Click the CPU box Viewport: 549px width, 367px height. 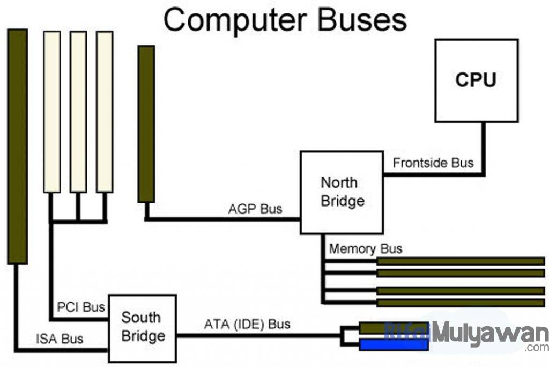pyautogui.click(x=476, y=80)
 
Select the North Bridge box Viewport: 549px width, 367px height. pyautogui.click(x=342, y=192)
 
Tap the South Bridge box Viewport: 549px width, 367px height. pyautogui.click(x=143, y=327)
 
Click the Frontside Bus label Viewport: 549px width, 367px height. pyautogui.click(x=433, y=163)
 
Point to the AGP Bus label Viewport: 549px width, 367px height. pyautogui.click(x=255, y=209)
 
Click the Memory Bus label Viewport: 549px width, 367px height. pyautogui.click(x=366, y=249)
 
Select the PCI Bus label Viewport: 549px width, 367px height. pyautogui.click(x=81, y=308)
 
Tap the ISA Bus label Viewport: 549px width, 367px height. pyautogui.click(x=60, y=339)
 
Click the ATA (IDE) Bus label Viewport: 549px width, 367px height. pyautogui.click(x=247, y=325)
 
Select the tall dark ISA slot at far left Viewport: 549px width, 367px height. pyautogui.click(x=17, y=146)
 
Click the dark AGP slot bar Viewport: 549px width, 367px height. pyautogui.click(x=146, y=123)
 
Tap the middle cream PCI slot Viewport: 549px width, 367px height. pyautogui.click(x=78, y=112)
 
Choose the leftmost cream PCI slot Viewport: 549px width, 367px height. pyautogui.click(x=52, y=112)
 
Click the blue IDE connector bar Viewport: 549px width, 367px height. pyautogui.click(x=394, y=344)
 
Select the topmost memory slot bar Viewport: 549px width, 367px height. pyautogui.click(x=461, y=261)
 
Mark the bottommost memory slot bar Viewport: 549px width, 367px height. pyautogui.click(x=461, y=303)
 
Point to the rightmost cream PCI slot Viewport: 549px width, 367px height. pyautogui.click(x=105, y=112)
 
